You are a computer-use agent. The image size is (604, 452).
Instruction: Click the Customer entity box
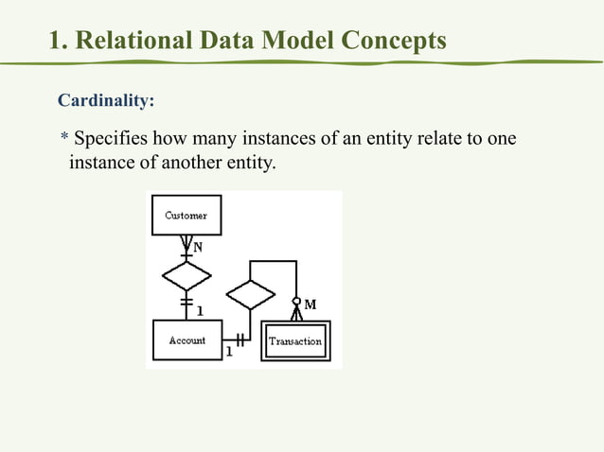187,216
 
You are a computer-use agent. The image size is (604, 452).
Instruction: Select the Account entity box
187,340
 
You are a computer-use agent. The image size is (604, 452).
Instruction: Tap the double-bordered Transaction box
295,341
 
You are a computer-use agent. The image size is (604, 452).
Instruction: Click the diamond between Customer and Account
187,277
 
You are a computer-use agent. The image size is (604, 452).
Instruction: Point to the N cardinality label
198,247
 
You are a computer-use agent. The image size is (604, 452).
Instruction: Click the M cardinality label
310,304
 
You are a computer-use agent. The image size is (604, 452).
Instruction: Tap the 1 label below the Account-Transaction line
229,353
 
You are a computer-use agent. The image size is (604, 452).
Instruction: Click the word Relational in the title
134,41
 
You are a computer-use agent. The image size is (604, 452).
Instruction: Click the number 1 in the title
56,41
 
